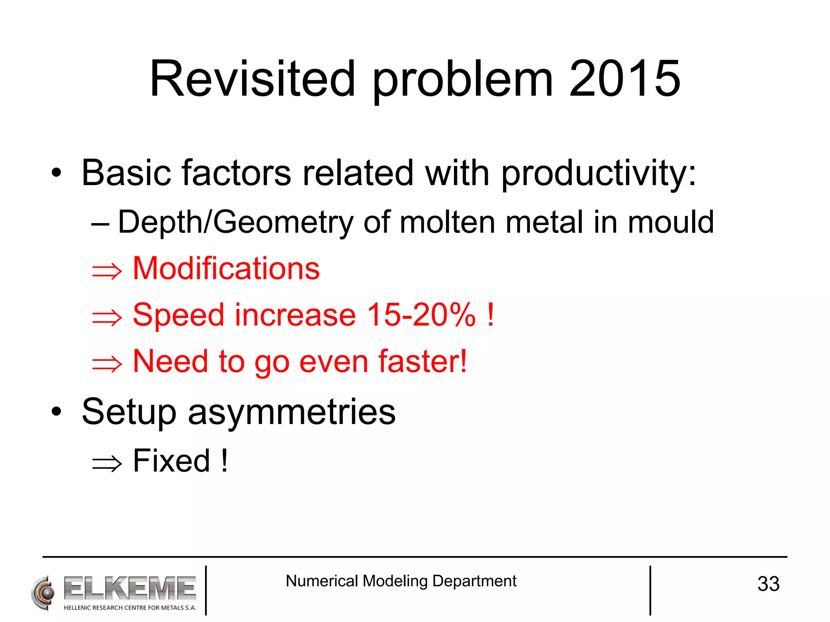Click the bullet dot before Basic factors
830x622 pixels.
click(x=57, y=173)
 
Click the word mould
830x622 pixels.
click(x=671, y=222)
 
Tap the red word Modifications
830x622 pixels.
click(x=226, y=268)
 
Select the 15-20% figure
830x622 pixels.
click(x=421, y=315)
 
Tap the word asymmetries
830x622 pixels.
click(x=292, y=412)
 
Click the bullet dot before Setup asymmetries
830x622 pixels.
click(x=57, y=412)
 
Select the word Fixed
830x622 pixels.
click(x=172, y=461)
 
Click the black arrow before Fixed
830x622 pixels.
click(x=107, y=463)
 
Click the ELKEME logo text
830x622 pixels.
click(x=130, y=588)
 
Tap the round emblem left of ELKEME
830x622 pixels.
click(x=43, y=593)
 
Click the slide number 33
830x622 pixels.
click(x=768, y=584)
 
